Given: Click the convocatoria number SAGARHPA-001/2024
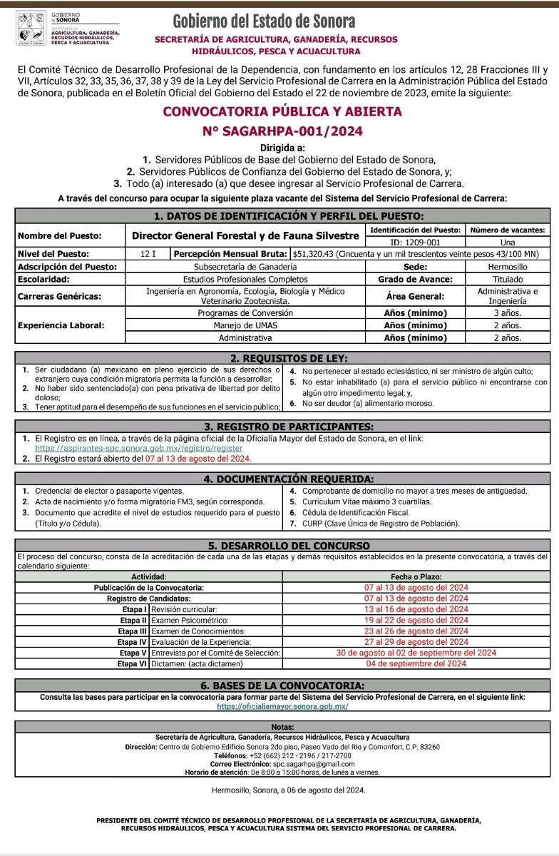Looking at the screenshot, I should click(283, 131).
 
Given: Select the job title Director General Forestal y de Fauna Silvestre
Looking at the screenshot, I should click(245, 235).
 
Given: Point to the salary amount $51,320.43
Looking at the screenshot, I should click(319, 253).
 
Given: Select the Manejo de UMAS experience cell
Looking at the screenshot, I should click(245, 325).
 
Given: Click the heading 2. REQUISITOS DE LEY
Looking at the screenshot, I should click(282, 357).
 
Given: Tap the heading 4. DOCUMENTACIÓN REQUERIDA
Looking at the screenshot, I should click(282, 478).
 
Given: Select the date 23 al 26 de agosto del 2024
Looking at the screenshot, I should click(416, 631).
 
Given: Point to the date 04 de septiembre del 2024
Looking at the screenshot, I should click(416, 663).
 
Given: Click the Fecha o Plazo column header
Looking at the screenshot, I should click(416, 577).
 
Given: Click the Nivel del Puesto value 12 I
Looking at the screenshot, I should click(148, 253).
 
